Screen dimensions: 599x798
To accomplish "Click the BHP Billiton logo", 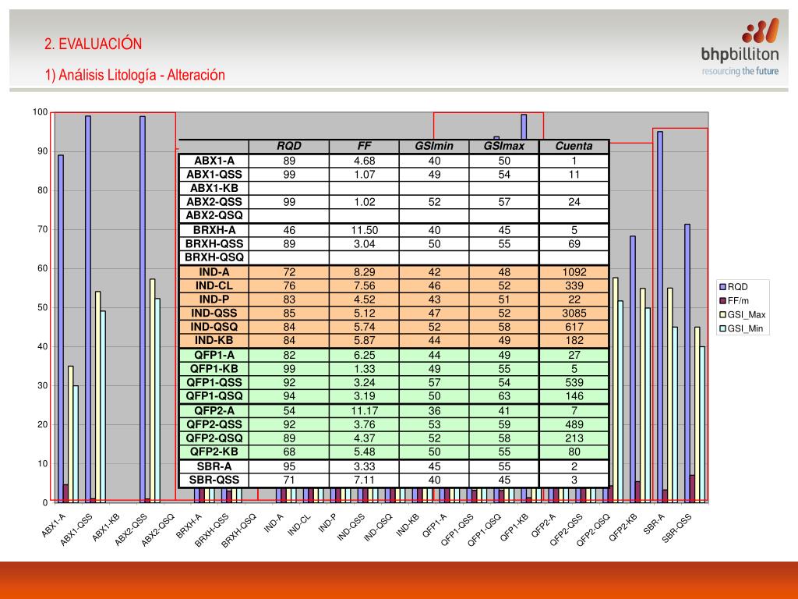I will coord(740,47).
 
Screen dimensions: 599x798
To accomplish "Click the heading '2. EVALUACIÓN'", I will coord(94,44).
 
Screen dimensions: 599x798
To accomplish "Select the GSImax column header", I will coord(504,146).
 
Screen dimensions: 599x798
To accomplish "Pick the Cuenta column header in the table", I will coord(574,146).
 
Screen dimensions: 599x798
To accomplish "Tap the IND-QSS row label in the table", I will coord(214,313).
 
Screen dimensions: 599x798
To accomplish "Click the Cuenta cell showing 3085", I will coord(574,313).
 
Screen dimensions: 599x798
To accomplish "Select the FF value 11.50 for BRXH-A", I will coord(364,230).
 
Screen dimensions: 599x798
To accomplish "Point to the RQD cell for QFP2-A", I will coord(289,410).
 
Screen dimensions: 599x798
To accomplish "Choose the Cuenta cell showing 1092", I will coord(574,272).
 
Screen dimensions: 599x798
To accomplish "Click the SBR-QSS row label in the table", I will coord(214,480).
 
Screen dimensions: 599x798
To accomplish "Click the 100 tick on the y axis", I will coord(40,112).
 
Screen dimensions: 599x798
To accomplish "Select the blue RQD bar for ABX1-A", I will coord(61,328).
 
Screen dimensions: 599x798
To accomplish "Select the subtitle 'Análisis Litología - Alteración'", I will coord(135,75).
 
